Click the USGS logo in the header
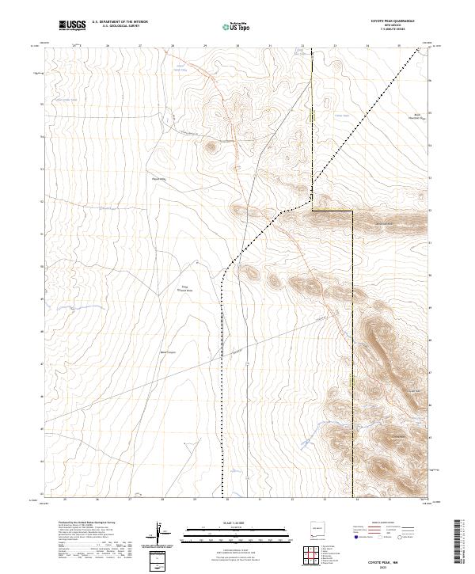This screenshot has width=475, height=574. click(72, 26)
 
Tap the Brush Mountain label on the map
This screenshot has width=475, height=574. click(412, 116)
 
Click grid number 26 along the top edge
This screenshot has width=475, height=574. click(107, 46)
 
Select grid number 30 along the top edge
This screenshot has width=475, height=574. click(237, 46)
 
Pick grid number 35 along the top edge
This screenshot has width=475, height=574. click(400, 46)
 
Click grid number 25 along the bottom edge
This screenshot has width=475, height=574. click(64, 500)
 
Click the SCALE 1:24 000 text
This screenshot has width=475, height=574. click(237, 523)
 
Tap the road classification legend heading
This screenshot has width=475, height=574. click(379, 523)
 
